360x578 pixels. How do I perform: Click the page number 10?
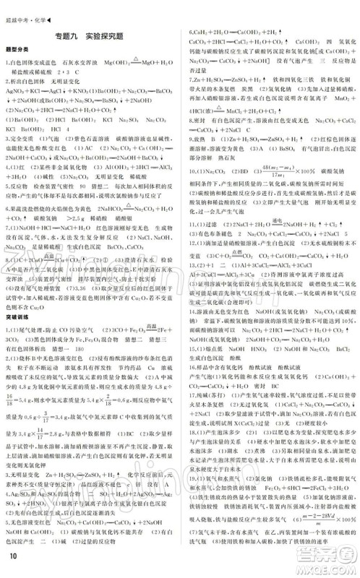tap(12, 555)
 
